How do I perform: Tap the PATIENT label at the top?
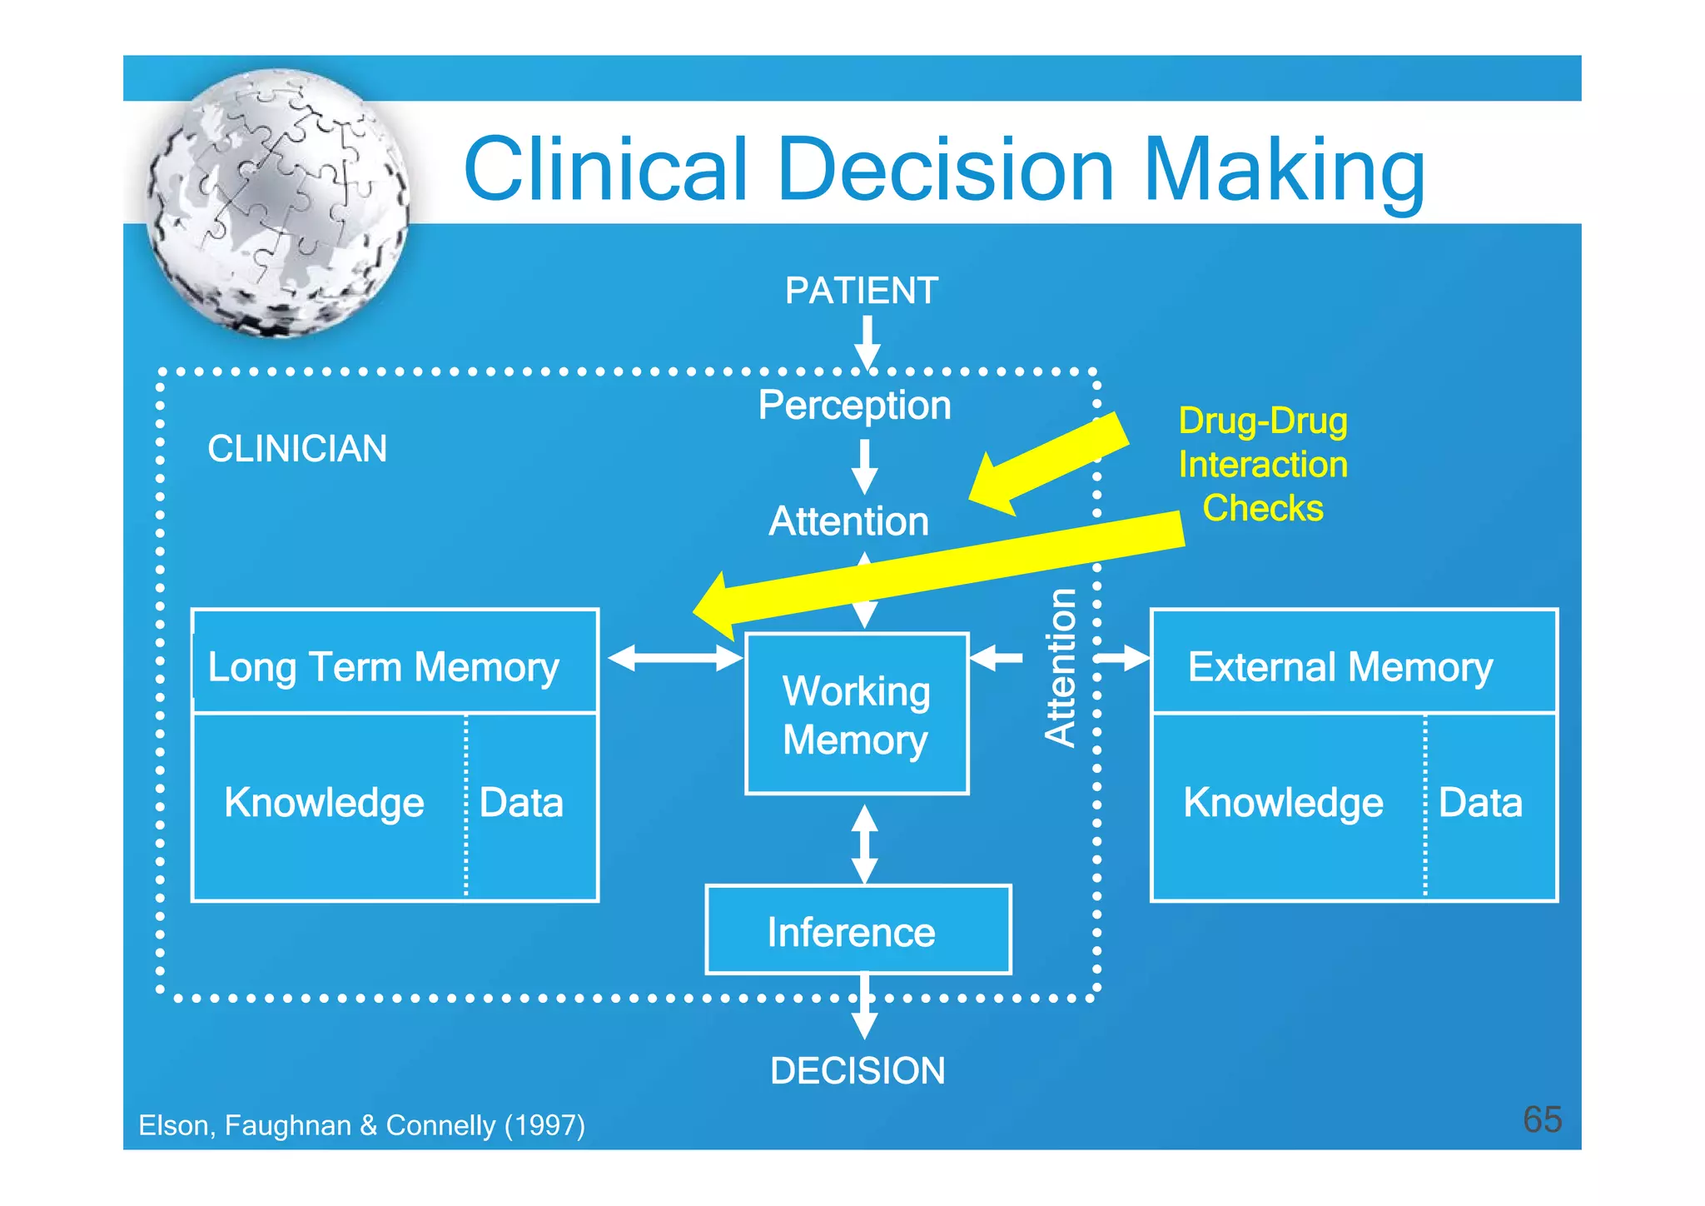pyautogui.click(x=862, y=291)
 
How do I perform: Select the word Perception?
pyautogui.click(x=854, y=406)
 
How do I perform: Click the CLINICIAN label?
pyautogui.click(x=297, y=448)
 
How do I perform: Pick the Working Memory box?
pyautogui.click(x=857, y=714)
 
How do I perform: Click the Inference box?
pyautogui.click(x=857, y=930)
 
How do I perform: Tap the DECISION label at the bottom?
pyautogui.click(x=857, y=1070)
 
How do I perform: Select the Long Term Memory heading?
pyautogui.click(x=383, y=667)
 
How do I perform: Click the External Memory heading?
pyautogui.click(x=1340, y=667)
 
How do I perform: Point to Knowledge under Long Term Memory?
pyautogui.click(x=324, y=803)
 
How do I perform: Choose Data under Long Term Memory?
pyautogui.click(x=522, y=803)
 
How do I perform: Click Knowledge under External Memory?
pyautogui.click(x=1283, y=803)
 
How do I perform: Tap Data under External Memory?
pyautogui.click(x=1480, y=803)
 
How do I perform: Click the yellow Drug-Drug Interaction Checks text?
pyautogui.click(x=1263, y=465)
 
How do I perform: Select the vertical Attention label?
pyautogui.click(x=1061, y=667)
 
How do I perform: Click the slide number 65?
pyautogui.click(x=1542, y=1119)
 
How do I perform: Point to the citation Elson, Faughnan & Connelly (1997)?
pyautogui.click(x=361, y=1125)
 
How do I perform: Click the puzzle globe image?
pyautogui.click(x=277, y=202)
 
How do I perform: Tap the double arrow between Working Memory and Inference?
pyautogui.click(x=865, y=844)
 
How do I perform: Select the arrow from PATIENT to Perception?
pyautogui.click(x=867, y=341)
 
